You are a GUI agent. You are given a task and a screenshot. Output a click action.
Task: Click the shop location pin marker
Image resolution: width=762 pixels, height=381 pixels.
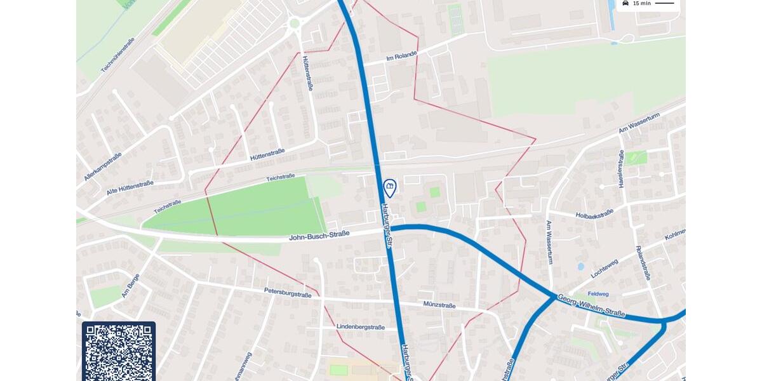(390, 187)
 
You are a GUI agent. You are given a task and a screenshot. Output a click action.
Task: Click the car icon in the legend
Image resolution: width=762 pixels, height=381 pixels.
(625, 3)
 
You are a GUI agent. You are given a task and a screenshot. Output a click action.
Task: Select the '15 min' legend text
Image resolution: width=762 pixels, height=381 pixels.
(641, 4)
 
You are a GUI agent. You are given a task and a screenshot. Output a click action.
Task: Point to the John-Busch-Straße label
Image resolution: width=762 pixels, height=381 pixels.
(319, 236)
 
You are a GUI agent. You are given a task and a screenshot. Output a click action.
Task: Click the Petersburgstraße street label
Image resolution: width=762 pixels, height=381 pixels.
(288, 293)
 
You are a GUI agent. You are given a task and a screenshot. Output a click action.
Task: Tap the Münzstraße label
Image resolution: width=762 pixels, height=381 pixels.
(439, 305)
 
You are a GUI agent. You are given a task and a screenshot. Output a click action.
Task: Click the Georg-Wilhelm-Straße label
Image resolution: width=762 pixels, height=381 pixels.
(591, 305)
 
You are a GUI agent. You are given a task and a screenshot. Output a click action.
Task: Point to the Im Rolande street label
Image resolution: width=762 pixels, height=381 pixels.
(401, 57)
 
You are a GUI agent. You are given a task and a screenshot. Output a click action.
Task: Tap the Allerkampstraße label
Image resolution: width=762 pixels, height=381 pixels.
(102, 167)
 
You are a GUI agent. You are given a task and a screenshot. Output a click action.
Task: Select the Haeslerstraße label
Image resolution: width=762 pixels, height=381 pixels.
(621, 168)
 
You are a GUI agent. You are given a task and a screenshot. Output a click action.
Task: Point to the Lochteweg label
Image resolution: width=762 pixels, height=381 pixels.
(604, 268)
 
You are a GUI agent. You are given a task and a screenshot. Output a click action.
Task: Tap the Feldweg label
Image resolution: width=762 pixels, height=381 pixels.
(598, 294)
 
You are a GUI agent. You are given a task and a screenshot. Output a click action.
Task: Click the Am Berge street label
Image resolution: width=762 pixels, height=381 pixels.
(130, 285)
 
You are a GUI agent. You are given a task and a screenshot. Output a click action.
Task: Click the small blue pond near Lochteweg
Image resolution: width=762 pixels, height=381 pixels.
(580, 267)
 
